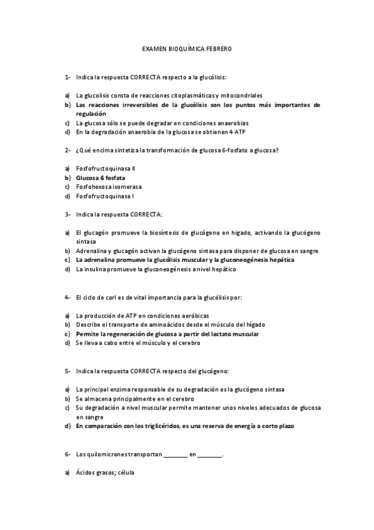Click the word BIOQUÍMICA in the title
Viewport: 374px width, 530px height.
coord(184,47)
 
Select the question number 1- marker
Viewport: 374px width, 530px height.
coord(67,77)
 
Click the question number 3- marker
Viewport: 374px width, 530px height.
coord(67,214)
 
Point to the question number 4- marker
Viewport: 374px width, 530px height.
coord(67,297)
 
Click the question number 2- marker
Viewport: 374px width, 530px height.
coord(67,151)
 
